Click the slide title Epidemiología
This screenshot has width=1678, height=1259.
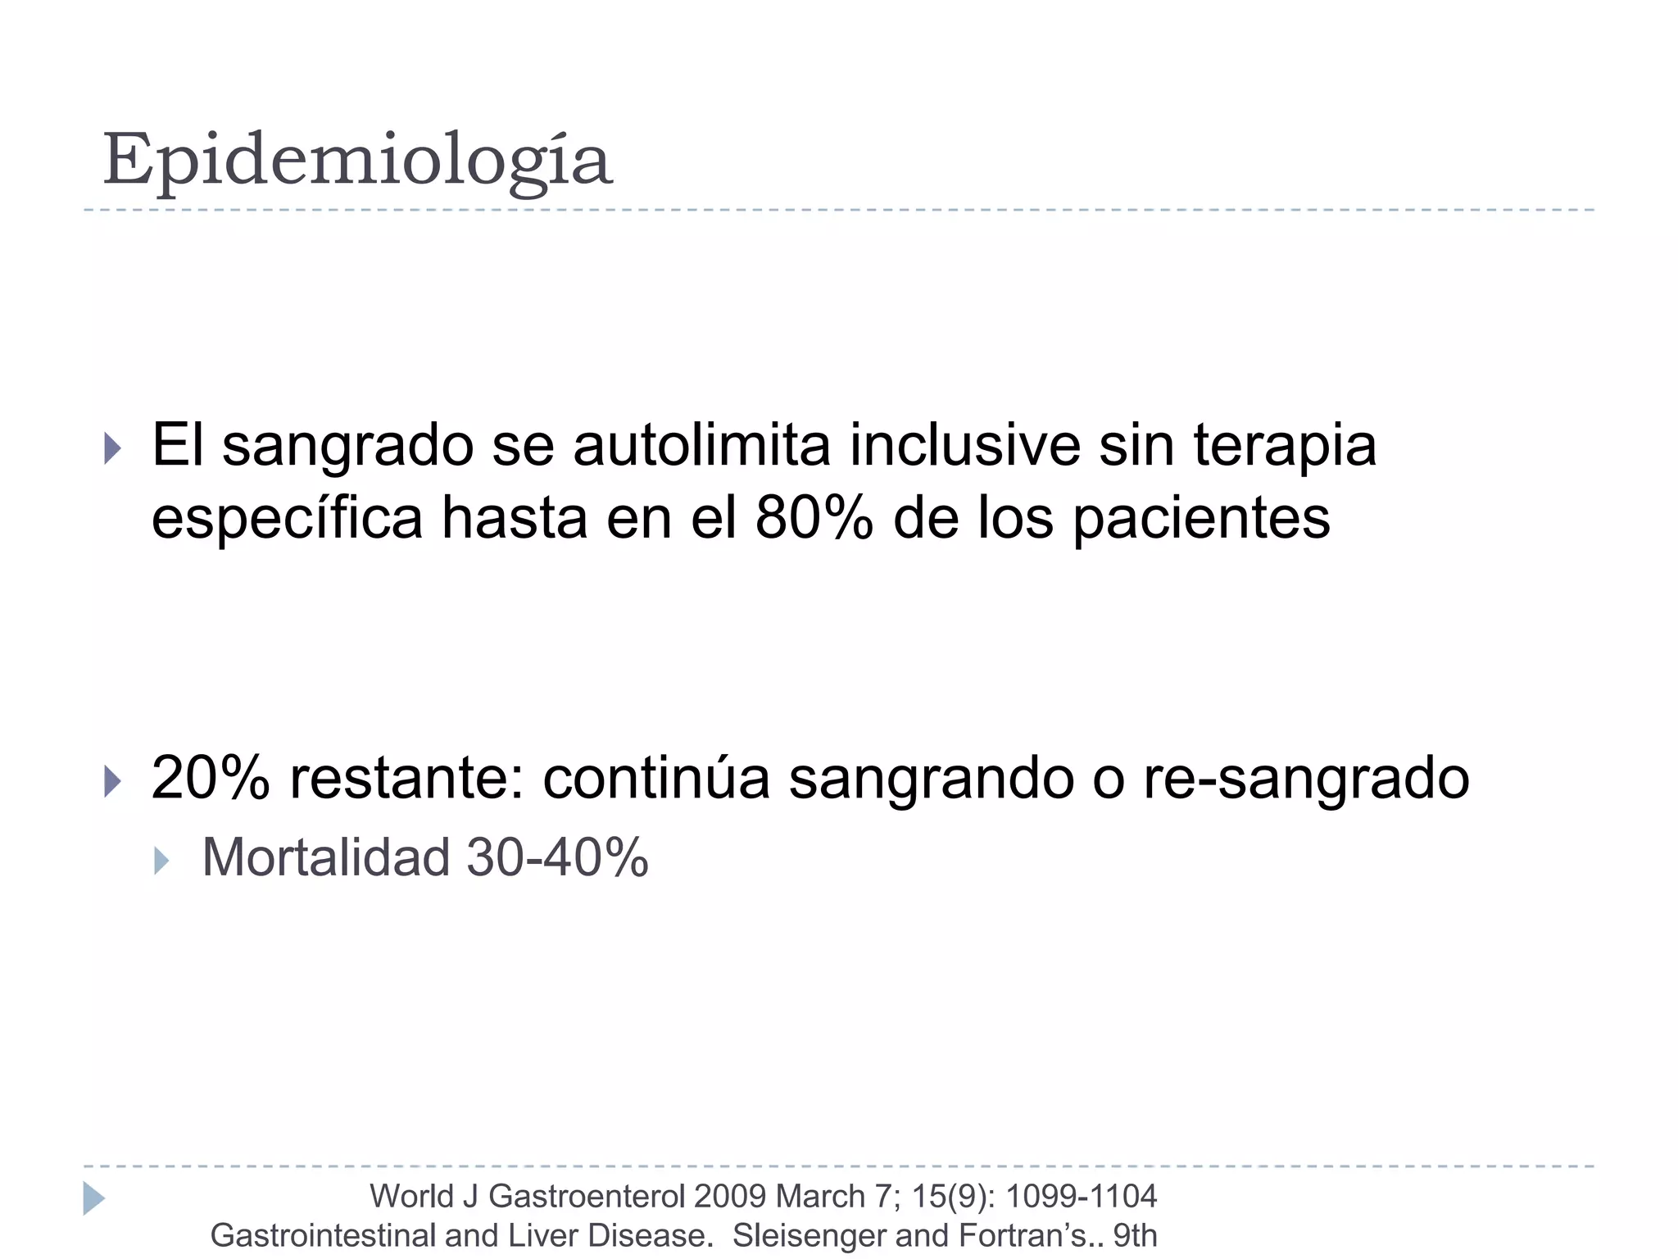tap(357, 160)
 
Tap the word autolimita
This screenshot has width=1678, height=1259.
tap(701, 446)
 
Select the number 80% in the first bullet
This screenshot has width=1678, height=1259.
tap(814, 518)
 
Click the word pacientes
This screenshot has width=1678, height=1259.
tap(1201, 520)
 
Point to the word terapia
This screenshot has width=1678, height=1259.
tap(1284, 446)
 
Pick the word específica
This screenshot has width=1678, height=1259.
tap(287, 520)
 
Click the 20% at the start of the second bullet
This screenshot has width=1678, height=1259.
tap(211, 778)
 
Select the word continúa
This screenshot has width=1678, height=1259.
tap(656, 778)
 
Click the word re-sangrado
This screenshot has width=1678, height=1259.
tap(1306, 779)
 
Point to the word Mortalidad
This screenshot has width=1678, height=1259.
tap(326, 857)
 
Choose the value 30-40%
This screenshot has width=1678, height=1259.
tap(557, 857)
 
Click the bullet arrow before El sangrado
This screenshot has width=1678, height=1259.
tap(113, 449)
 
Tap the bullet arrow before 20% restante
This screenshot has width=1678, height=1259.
tap(113, 781)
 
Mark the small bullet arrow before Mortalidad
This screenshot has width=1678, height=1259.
tap(161, 861)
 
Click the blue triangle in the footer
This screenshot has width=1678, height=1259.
tap(93, 1198)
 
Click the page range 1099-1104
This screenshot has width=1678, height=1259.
tap(1081, 1197)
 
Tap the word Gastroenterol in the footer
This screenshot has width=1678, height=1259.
tap(587, 1197)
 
